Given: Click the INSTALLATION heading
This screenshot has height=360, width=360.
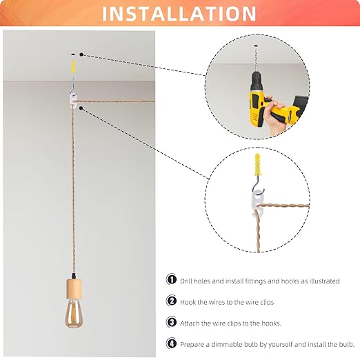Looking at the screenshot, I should (180, 13).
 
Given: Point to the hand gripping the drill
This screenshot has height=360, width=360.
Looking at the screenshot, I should (279, 121).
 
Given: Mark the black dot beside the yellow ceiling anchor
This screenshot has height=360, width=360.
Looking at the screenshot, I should (81, 53).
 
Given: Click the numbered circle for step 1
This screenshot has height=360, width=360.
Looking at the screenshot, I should (171, 280).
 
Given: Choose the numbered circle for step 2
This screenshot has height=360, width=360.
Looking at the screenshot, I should (171, 301).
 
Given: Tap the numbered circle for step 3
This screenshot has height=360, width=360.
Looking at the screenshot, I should (171, 321).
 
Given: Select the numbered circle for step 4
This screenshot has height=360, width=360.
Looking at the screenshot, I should (171, 342).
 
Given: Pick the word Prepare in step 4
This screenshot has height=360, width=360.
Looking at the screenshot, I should (196, 343).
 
